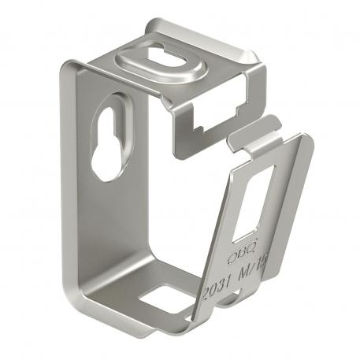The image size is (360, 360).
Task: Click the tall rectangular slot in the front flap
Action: [x=251, y=204]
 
